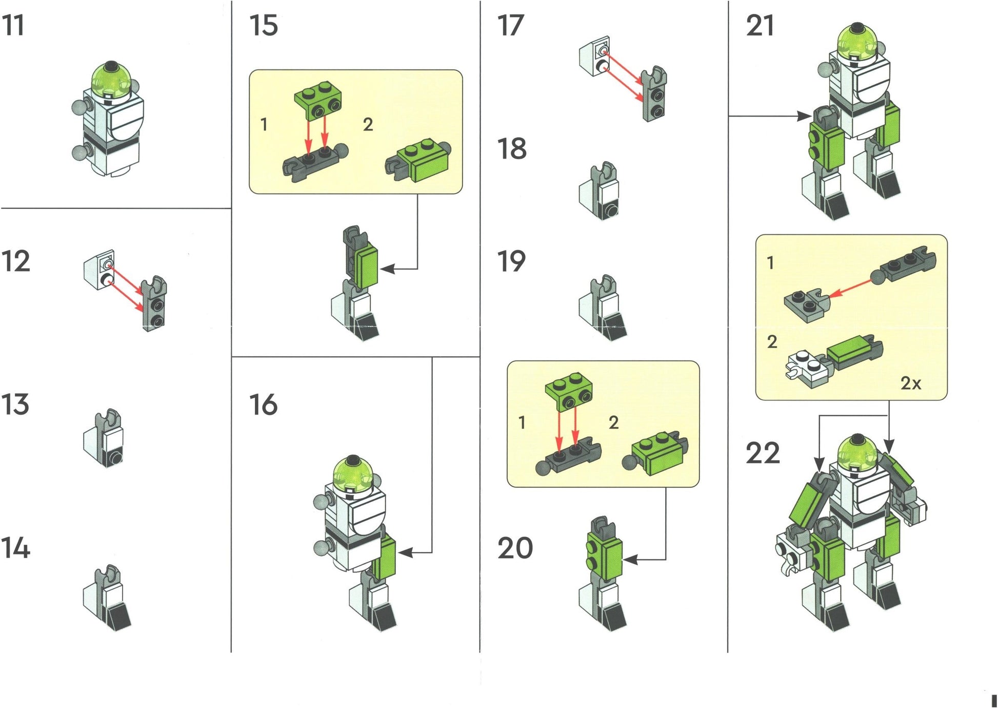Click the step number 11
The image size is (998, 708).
click(13, 25)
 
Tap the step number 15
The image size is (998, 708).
click(264, 25)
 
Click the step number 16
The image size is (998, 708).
click(264, 405)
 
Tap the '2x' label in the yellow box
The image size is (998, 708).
click(911, 383)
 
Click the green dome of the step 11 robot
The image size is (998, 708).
click(111, 80)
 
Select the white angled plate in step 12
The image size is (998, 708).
click(99, 270)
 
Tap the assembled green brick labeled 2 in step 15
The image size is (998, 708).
click(418, 160)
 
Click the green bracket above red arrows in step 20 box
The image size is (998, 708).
click(569, 393)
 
